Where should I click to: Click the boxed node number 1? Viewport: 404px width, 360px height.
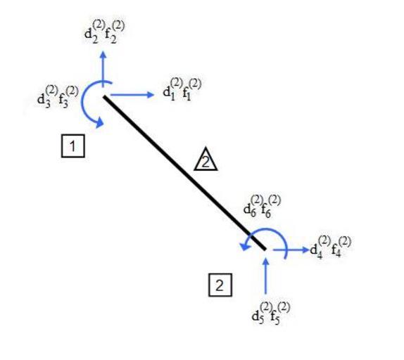[73, 146]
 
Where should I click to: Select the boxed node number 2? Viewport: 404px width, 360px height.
[220, 285]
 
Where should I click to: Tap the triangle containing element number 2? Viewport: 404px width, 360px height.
[206, 160]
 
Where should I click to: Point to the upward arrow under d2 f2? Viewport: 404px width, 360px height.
[103, 69]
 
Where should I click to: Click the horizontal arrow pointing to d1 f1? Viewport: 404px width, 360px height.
[132, 95]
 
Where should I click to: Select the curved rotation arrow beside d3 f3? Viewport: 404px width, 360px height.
[83, 103]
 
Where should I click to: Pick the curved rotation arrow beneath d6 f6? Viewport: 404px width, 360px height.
[268, 229]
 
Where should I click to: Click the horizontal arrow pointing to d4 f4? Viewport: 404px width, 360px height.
[291, 250]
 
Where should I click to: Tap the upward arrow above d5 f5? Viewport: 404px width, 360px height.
[265, 276]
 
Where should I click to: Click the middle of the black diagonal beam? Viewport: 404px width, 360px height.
[184, 173]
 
